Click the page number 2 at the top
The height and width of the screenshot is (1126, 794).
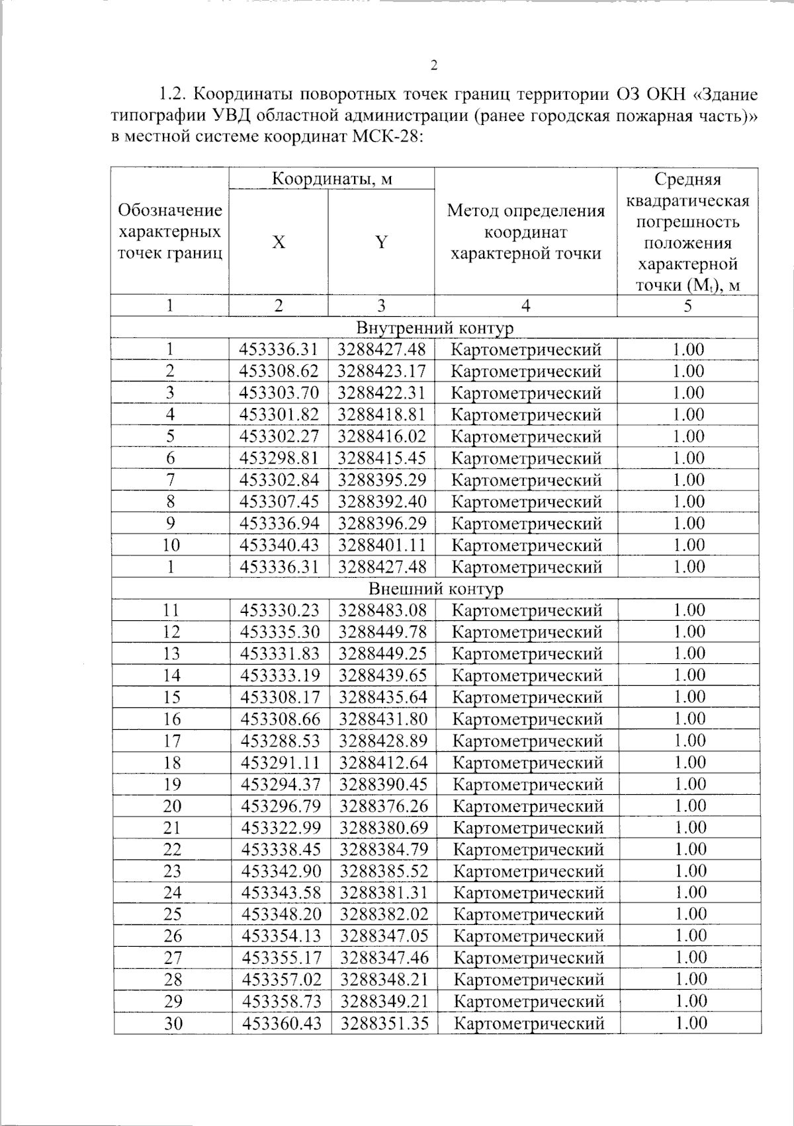point(434,65)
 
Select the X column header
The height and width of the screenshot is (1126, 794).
point(279,243)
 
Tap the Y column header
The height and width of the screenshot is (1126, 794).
point(381,243)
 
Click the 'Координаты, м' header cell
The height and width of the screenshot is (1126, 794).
point(332,179)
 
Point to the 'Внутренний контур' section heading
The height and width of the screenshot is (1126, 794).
point(435,328)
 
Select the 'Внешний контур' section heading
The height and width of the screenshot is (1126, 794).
point(435,588)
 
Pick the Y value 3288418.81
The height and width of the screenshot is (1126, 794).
point(382,415)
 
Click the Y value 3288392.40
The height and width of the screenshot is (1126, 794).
point(382,502)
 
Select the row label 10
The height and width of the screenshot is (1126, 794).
point(171,545)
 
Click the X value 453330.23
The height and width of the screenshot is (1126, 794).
point(280,610)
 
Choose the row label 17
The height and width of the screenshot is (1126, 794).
point(172,741)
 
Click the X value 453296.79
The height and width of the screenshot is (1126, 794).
point(281,806)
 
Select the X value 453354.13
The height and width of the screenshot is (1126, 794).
point(282,936)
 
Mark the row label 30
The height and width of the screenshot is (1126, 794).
point(173,1024)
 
